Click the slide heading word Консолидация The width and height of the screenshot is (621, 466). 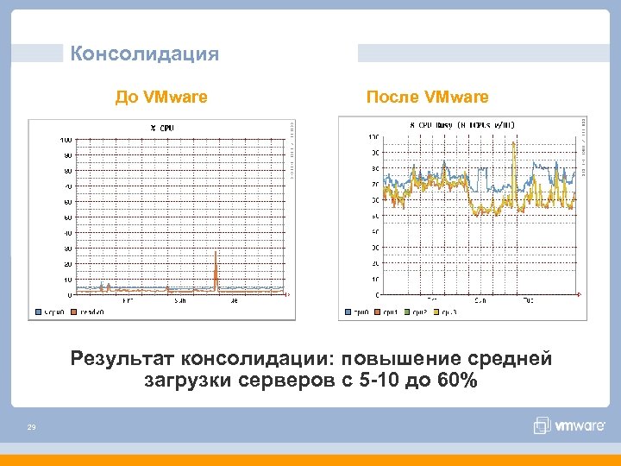pos(145,54)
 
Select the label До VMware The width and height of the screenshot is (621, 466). pos(161,97)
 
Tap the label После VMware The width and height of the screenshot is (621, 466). pos(427,97)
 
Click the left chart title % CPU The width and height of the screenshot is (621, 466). pos(163,128)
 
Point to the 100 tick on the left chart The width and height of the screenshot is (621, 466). pos(66,140)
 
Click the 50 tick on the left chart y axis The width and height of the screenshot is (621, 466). pos(67,217)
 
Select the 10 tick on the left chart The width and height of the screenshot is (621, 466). pos(67,280)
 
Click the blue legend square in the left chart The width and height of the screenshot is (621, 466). pos(38,313)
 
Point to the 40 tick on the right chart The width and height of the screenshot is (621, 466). pos(374,232)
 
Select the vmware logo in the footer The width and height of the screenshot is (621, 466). pos(565,425)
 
